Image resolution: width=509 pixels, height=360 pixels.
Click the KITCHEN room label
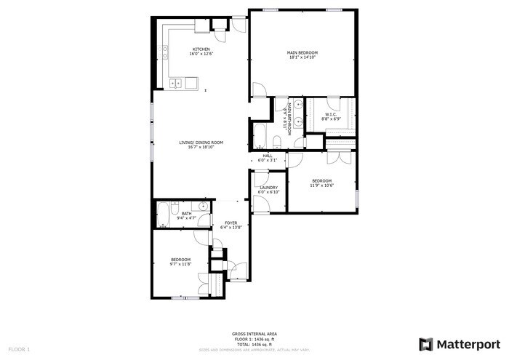click(201, 49)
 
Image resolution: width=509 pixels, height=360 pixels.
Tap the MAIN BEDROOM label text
click(302, 52)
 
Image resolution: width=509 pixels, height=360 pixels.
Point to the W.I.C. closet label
click(330, 113)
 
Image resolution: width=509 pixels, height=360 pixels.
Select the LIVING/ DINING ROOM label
click(201, 142)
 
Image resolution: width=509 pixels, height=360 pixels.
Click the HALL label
click(268, 156)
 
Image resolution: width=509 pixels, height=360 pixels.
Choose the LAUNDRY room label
click(269, 188)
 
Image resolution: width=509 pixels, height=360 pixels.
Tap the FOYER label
click(231, 223)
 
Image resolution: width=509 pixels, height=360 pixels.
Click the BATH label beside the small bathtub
click(187, 213)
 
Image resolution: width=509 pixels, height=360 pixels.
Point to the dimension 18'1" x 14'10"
click(302, 57)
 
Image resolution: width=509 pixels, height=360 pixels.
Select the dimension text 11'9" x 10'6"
click(321, 185)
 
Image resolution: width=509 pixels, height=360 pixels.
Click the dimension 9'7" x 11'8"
click(180, 264)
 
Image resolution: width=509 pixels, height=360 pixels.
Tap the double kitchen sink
click(177, 84)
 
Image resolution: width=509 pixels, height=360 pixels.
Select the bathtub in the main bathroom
click(260, 135)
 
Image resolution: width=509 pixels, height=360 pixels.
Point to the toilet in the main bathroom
click(278, 140)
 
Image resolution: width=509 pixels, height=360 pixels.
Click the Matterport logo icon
click(426, 343)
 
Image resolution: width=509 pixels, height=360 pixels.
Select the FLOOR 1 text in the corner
click(18, 350)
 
